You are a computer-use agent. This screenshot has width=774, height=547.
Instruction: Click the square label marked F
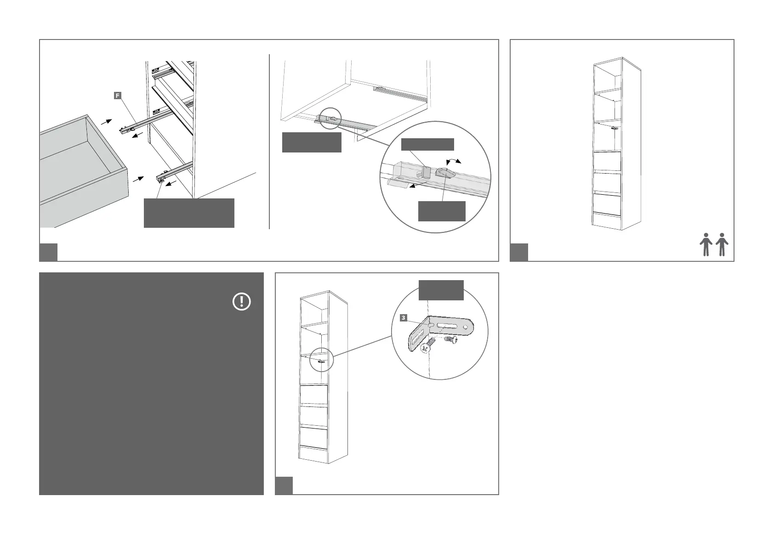tap(118, 96)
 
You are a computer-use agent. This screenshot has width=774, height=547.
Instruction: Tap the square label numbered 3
tap(403, 318)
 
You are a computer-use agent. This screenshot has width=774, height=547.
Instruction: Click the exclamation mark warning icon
tap(242, 302)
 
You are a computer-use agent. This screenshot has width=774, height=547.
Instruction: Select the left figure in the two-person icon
tap(706, 245)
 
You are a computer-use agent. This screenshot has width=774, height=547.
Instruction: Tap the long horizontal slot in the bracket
tap(448, 327)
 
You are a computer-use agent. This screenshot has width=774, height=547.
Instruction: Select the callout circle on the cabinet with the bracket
tap(321, 361)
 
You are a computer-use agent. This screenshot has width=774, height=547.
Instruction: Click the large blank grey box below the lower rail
tap(189, 213)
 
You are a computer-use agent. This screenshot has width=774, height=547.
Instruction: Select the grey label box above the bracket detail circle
tap(441, 290)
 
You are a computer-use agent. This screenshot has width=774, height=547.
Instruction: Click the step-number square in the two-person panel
tap(519, 252)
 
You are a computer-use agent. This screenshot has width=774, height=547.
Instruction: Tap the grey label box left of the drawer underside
tap(311, 142)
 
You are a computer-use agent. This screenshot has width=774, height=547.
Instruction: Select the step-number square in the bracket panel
tap(284, 485)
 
